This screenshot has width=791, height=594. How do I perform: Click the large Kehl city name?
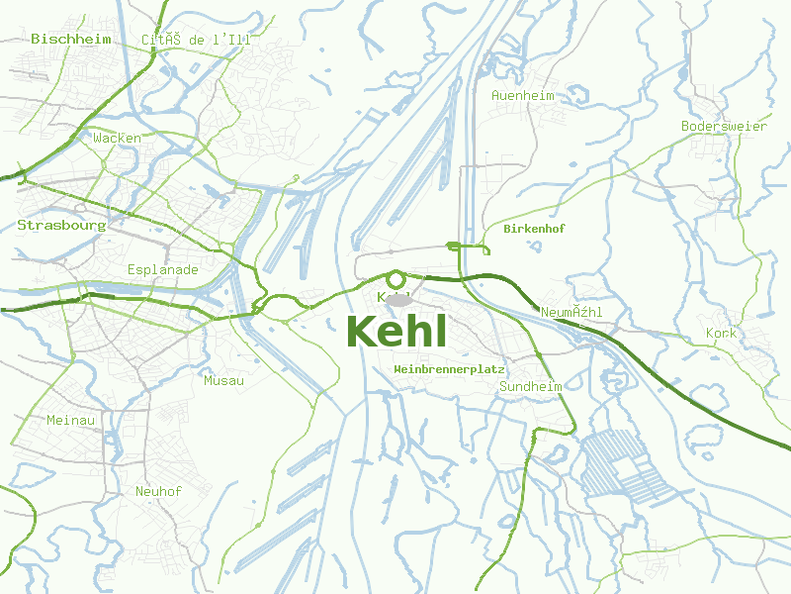pos(397,332)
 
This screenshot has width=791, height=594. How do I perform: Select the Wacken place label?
pos(117,139)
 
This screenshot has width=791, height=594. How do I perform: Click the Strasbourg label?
pos(61,226)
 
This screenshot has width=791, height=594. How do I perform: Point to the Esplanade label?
pos(163,269)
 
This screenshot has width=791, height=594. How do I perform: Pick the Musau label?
pos(223,380)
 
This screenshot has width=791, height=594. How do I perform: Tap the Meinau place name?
pos(71,421)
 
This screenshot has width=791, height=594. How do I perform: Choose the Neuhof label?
pos(158,491)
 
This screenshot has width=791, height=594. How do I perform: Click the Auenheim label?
pos(523,96)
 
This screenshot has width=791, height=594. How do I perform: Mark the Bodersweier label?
pos(724,127)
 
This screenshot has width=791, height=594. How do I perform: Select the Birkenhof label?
pos(534,229)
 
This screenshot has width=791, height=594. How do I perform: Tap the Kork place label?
pos(722,334)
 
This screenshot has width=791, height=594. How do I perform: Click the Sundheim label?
pos(531,387)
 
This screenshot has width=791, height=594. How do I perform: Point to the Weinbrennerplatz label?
pos(450,368)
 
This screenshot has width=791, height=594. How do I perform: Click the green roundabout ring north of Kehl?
pos(395,280)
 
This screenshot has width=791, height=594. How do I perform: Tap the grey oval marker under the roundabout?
pos(397,299)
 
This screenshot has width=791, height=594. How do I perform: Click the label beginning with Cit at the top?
pos(197,40)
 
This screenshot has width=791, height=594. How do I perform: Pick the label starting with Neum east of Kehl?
pos(572,313)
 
